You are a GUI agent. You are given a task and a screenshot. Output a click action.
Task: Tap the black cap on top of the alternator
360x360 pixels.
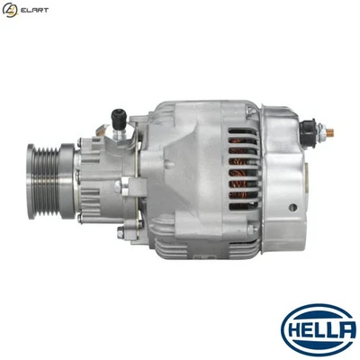click(x=118, y=115)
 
